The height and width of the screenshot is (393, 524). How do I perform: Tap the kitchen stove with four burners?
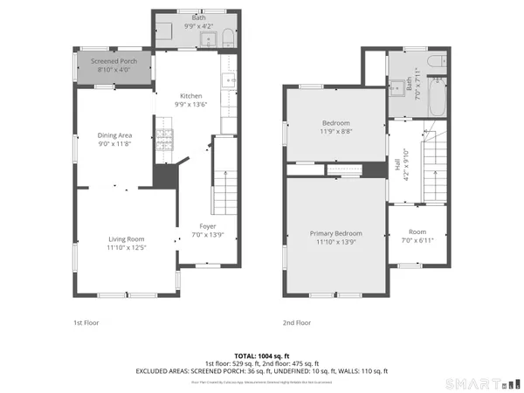click(x=164, y=139)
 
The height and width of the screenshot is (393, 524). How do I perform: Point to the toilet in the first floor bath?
click(x=227, y=37)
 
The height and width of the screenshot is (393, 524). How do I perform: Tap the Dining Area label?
click(x=114, y=135)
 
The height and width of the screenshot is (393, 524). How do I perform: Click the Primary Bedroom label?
click(x=336, y=233)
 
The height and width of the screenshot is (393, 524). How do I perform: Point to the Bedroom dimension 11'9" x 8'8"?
click(x=336, y=132)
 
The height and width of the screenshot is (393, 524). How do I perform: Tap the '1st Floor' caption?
click(x=86, y=322)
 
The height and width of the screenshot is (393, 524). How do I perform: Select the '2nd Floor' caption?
click(x=297, y=322)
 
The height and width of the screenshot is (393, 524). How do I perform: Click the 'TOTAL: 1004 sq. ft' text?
click(x=262, y=356)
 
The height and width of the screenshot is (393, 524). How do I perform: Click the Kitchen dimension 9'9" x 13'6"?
click(x=191, y=105)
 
